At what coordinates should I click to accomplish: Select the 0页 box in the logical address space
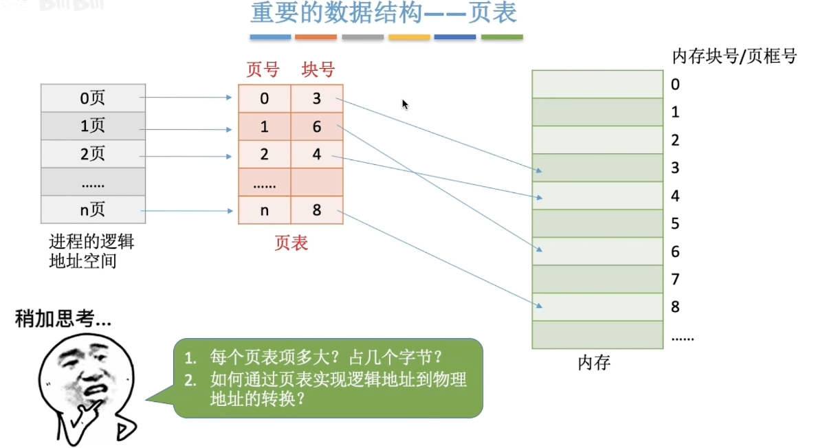point(93,98)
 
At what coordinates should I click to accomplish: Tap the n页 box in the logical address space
point(93,210)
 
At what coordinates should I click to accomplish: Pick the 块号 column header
point(318,69)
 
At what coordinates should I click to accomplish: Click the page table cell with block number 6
point(317,126)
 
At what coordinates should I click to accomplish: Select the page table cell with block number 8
point(317,210)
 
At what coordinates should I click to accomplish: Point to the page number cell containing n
point(265,210)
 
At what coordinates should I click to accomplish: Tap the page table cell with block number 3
point(317,98)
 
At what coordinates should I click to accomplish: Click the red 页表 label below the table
point(291,243)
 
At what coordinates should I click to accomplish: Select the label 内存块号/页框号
point(734,56)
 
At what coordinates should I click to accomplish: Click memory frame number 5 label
point(675,223)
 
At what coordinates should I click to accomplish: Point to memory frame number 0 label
point(675,85)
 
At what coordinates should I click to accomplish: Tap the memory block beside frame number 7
point(597,279)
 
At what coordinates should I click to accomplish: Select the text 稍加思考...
point(63,320)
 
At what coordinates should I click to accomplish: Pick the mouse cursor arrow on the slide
point(405,104)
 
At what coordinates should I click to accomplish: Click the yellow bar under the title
point(409,37)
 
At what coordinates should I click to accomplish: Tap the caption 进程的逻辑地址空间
point(91,251)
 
